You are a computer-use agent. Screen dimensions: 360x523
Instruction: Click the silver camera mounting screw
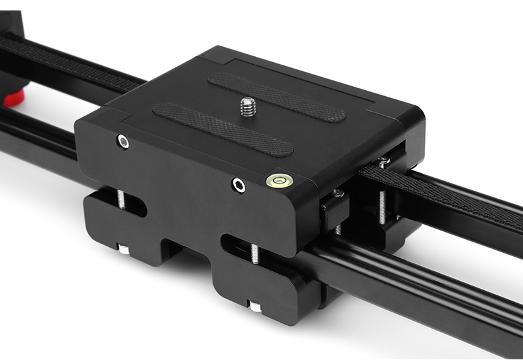click(x=248, y=106)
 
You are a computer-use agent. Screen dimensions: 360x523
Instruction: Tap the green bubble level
click(x=278, y=179)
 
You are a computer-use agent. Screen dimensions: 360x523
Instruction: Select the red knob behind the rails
click(x=14, y=99)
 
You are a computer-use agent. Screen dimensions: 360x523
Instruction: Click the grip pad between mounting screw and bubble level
click(x=222, y=129)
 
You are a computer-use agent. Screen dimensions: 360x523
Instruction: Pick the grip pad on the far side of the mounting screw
click(x=277, y=97)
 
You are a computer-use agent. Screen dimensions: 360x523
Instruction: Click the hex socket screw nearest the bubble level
click(x=239, y=186)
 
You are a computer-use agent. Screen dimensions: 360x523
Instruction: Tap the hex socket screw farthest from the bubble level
click(x=123, y=142)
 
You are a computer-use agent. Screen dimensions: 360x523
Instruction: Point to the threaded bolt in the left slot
click(x=122, y=199)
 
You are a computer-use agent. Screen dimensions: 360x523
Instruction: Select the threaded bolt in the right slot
click(x=254, y=252)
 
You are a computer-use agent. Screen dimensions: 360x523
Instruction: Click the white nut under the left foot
click(x=123, y=249)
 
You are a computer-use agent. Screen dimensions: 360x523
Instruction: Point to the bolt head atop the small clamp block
click(x=337, y=193)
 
